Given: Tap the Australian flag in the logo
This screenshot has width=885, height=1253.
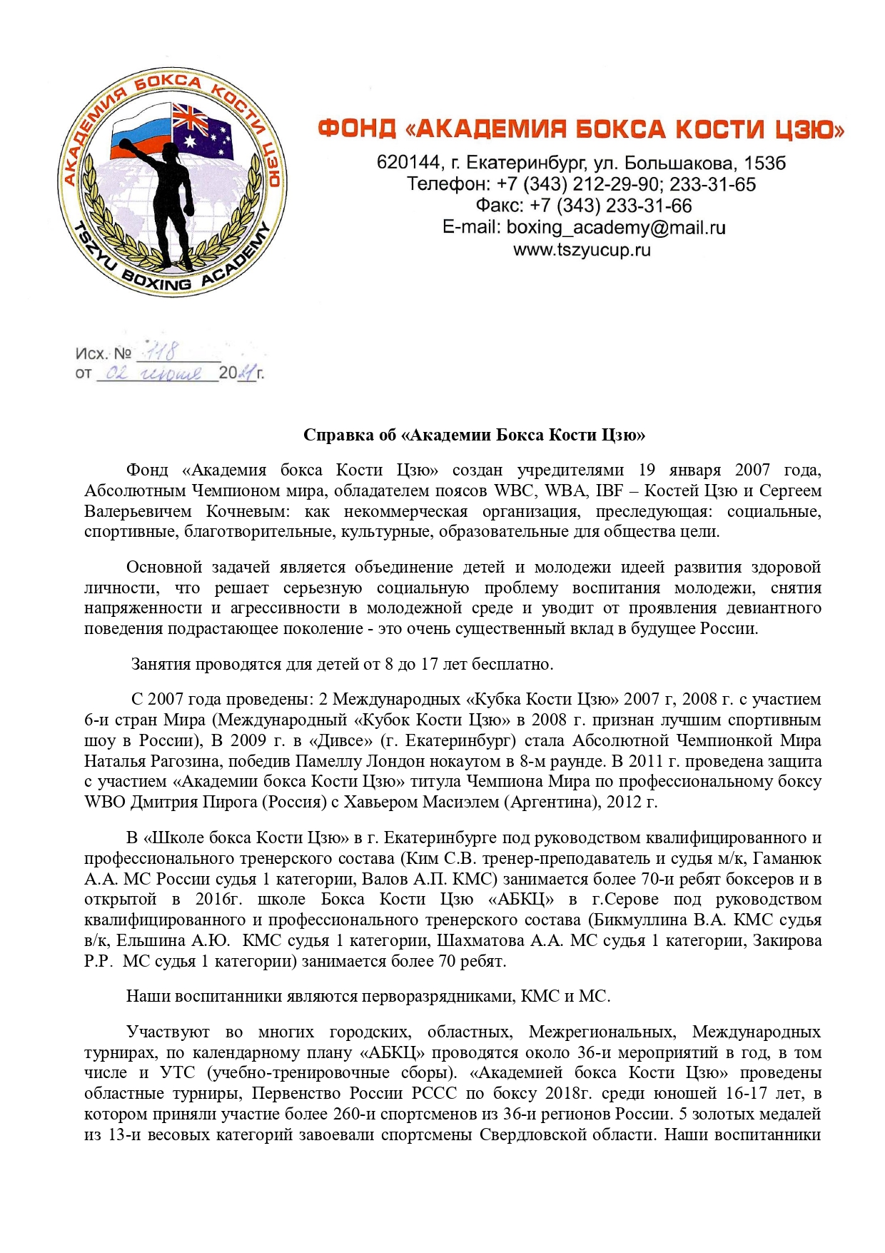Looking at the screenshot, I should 203,132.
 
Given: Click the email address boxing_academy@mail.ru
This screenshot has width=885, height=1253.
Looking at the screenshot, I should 616,228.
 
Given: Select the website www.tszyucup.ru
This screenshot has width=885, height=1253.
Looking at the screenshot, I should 582,250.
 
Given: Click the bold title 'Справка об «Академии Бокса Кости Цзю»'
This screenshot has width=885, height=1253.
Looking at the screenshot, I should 474,435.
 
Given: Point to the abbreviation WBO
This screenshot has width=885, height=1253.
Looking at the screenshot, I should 105,802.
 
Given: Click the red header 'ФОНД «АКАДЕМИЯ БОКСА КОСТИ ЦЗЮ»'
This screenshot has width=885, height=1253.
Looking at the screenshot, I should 581,129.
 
